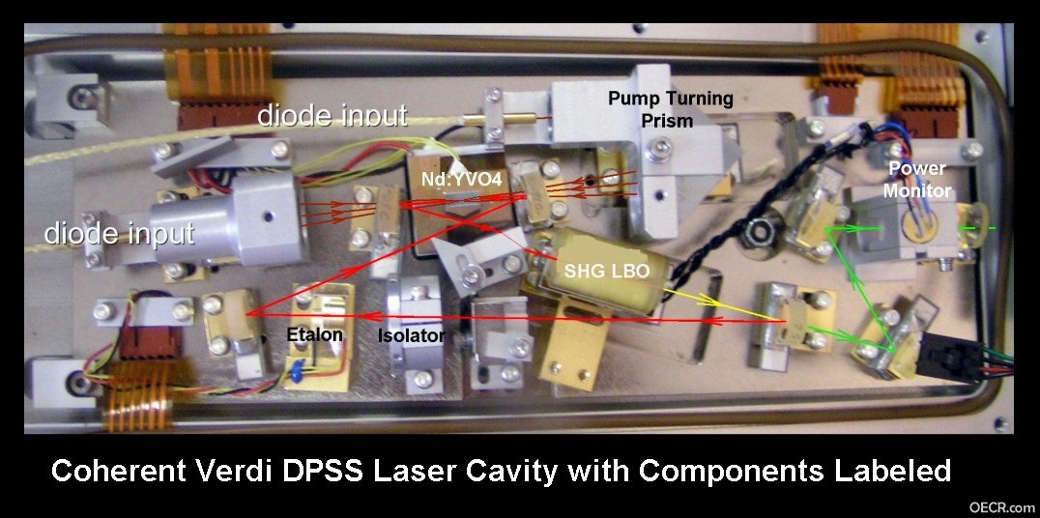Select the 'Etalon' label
tap(314, 333)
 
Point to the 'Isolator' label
tap(411, 335)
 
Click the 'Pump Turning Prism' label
tap(671, 109)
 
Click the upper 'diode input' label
tap(332, 116)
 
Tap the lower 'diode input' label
tap(120, 233)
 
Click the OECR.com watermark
tap(1002, 507)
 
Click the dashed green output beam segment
tap(975, 229)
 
